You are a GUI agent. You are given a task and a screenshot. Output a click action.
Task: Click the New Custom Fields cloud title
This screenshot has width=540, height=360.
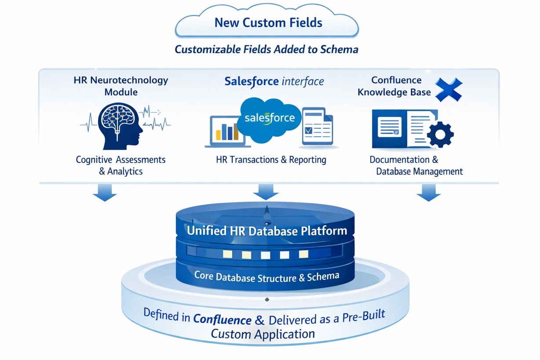tap(268, 23)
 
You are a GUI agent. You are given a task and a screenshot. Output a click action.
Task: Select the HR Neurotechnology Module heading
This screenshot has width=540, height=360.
tap(121, 86)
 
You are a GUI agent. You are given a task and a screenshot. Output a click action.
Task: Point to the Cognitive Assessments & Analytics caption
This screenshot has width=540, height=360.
tap(121, 165)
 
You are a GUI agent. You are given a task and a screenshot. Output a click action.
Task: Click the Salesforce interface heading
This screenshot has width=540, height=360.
tap(274, 82)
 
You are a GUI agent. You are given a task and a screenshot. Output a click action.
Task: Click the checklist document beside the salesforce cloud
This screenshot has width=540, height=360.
tap(317, 127)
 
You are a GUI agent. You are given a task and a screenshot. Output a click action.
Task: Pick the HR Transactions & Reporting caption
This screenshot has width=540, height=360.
tap(271, 160)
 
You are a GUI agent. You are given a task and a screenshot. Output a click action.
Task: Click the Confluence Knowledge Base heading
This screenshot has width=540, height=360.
tap(394, 86)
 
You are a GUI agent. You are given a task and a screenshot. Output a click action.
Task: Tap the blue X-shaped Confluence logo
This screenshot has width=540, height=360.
tap(448, 90)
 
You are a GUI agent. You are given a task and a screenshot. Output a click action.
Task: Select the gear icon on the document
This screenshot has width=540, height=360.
tap(440, 135)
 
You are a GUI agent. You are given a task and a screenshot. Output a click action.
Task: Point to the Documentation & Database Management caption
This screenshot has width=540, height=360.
tap(416, 165)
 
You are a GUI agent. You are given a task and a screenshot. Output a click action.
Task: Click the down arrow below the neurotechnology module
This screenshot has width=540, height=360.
tap(105, 193)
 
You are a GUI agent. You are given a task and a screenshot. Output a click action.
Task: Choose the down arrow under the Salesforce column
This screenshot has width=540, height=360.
tap(266, 192)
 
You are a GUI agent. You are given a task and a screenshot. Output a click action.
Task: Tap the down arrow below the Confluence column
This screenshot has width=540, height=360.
tap(428, 193)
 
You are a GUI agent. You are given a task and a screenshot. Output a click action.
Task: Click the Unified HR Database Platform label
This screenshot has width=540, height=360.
tap(267, 231)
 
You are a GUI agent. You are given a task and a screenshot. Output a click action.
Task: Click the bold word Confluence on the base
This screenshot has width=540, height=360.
tap(223, 320)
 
